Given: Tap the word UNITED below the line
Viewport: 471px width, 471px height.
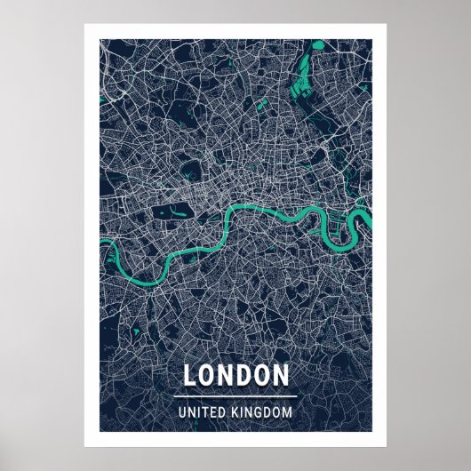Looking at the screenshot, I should (x=202, y=412).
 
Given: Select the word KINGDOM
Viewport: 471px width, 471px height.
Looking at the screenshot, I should (x=261, y=412).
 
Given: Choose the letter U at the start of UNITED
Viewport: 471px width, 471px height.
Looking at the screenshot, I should (x=182, y=412).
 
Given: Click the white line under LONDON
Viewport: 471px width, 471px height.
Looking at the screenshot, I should (x=235, y=395).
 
